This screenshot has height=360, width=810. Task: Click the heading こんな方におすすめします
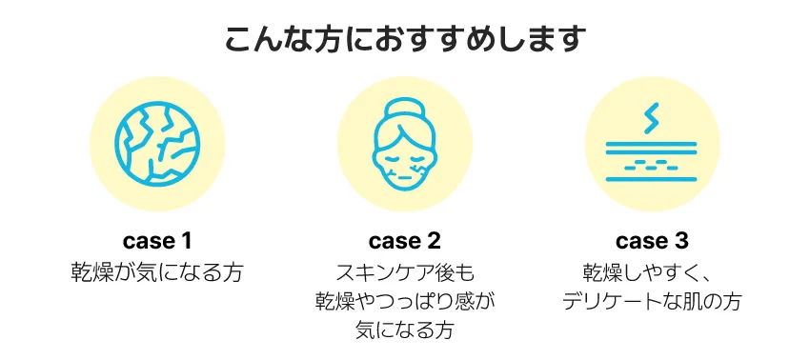(405, 40)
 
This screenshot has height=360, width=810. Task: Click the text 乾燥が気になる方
(157, 271)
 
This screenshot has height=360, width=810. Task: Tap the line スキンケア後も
(405, 271)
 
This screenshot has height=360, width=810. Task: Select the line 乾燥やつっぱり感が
(405, 302)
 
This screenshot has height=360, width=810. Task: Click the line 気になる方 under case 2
(405, 331)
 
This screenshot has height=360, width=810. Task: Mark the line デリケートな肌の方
(652, 302)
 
